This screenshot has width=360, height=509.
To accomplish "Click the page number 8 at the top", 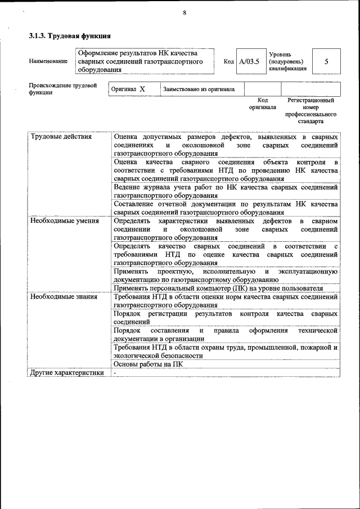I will (184, 13).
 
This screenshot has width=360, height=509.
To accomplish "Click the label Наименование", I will (48, 61).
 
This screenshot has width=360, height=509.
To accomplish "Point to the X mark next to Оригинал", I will (142, 89).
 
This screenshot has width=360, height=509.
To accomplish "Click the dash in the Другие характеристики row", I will (115, 372).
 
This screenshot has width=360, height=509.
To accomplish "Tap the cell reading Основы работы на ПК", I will (148, 364).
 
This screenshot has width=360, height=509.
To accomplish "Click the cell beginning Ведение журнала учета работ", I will (225, 191).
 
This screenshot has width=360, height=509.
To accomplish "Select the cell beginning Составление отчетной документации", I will (225, 208).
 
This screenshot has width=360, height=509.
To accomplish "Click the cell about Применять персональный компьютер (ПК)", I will (225, 288).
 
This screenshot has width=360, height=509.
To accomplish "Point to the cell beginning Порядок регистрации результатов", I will (225, 317).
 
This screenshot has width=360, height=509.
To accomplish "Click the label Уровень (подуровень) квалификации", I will (287, 61).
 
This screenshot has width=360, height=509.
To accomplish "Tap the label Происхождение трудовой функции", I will (62, 89).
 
